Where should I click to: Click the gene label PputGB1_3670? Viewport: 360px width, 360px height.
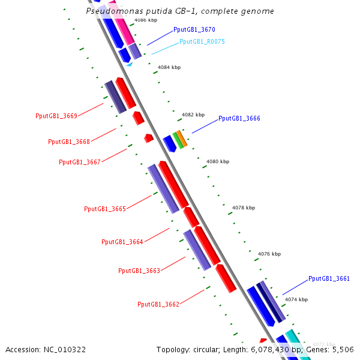pos(194,29)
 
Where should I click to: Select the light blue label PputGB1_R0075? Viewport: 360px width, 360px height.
pos(202,42)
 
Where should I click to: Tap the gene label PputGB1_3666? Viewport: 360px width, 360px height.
pos(239,119)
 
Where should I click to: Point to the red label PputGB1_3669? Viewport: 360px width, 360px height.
pos(56,116)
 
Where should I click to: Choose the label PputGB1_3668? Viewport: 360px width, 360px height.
pos(69,142)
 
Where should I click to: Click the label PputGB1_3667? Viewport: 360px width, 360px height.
pos(80,163)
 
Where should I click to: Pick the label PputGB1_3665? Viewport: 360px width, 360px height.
pos(105,209)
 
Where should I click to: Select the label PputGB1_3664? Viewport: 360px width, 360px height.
pos(122,242)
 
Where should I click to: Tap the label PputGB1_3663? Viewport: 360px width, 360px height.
pos(139,271)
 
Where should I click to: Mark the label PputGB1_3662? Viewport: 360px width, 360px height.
pos(158,305)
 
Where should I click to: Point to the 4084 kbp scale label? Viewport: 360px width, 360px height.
pos(169,68)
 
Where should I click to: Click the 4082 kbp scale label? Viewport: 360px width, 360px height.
pos(193,115)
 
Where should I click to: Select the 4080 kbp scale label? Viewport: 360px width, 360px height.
pos(217,161)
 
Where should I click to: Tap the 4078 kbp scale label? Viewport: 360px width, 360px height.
pos(243,208)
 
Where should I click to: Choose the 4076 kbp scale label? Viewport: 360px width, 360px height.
pos(269,254)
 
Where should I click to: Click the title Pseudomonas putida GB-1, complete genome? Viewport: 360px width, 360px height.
pos(180,11)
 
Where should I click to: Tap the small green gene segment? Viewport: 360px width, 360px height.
pos(178,141)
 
